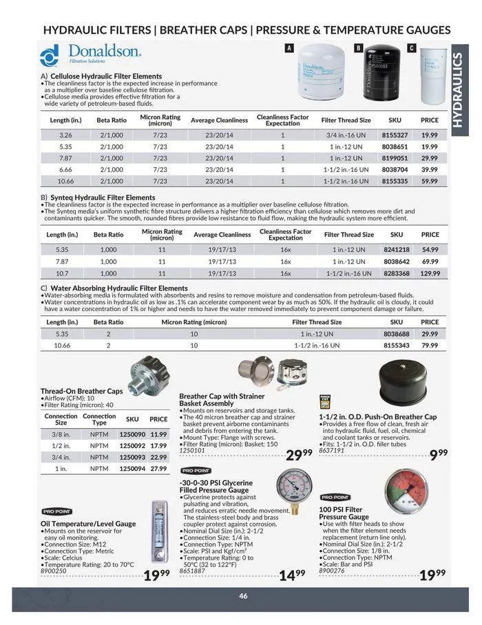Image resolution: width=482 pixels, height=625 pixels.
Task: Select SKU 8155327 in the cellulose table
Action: click(395, 136)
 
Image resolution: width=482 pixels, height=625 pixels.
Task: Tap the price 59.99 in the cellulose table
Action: click(429, 181)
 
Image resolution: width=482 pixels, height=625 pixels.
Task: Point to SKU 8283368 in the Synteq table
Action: click(397, 273)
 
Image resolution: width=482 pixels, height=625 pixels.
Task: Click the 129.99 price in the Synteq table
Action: click(430, 273)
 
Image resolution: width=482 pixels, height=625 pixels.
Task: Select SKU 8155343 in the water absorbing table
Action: click(396, 345)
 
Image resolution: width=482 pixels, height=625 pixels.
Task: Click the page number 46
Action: click(243, 596)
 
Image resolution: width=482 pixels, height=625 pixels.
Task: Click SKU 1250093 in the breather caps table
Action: click(133, 457)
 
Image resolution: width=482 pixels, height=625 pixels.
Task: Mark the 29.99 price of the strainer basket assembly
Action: click(299, 454)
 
